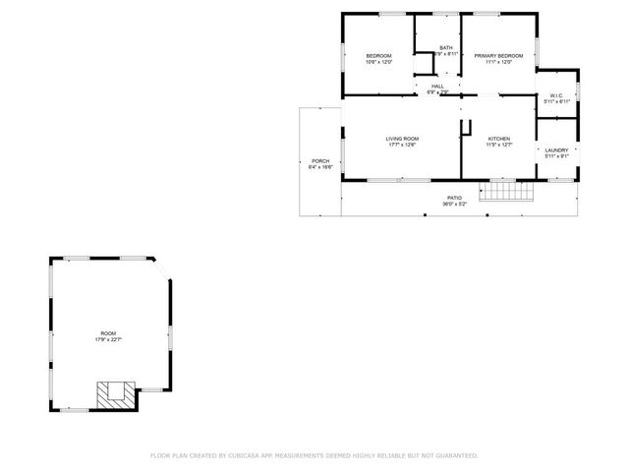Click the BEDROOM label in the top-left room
378,55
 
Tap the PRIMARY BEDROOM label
498,55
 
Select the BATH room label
446,48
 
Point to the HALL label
437,86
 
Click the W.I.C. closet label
555,95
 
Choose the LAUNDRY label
556,149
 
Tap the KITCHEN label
498,139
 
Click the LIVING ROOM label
402,139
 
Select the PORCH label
320,160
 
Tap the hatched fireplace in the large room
114,394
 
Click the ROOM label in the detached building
107,333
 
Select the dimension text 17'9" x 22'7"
107,340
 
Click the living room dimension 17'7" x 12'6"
402,146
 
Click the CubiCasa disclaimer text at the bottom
314,455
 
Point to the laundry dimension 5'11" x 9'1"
556,156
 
